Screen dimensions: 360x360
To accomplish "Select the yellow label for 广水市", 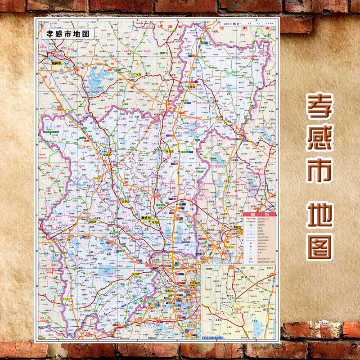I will click(x=136, y=74).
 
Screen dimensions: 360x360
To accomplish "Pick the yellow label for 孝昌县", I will click(x=170, y=152).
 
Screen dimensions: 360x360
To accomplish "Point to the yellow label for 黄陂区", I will click(x=238, y=227).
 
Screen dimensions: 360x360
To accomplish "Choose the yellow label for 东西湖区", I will click(x=195, y=283).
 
